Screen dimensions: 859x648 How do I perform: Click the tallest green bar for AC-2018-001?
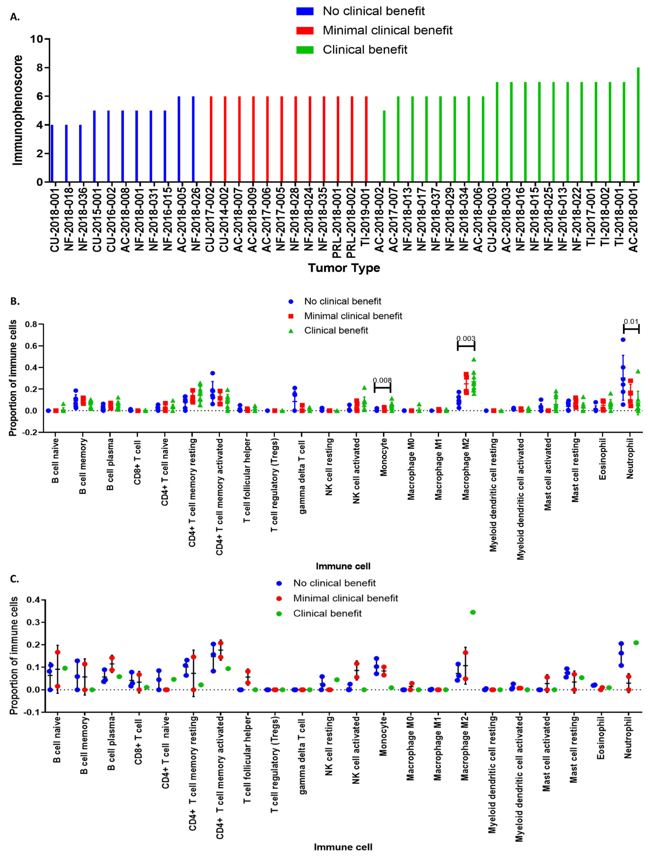638,124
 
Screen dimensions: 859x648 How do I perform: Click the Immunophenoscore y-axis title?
17,111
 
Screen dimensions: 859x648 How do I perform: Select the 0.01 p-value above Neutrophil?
631,321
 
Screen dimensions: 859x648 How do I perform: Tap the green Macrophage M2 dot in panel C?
473,612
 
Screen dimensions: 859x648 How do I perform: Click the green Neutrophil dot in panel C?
636,643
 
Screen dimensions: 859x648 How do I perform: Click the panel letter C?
14,579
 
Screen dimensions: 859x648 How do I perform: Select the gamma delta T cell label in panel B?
302,477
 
